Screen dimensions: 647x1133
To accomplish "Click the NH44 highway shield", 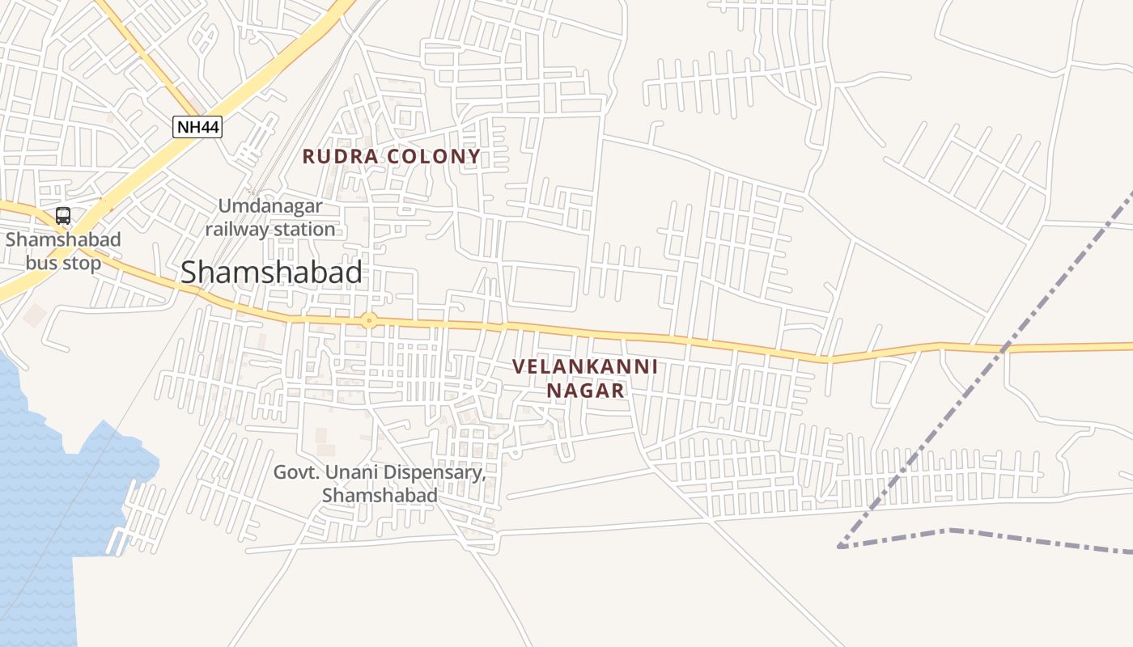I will [x=197, y=127].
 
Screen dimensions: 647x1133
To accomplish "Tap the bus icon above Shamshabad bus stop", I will [x=63, y=216].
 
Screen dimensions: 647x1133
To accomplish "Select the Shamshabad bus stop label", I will [x=63, y=252].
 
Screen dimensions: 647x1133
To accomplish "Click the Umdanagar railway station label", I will [x=270, y=218].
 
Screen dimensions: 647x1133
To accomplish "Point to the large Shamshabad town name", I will [x=271, y=273].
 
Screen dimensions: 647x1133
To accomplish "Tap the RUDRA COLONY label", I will [x=392, y=156].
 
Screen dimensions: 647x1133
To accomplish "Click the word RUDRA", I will [x=340, y=156].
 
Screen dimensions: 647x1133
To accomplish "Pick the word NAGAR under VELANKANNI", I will [x=585, y=391].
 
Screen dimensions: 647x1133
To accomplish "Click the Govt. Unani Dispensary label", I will [x=380, y=484].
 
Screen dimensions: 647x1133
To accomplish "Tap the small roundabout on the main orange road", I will [x=369, y=320].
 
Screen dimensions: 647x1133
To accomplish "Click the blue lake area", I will [x=40, y=501].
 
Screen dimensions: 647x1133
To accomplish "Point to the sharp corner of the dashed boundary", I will [x=840, y=547].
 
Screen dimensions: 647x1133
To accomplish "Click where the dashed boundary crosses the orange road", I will [x=1004, y=348].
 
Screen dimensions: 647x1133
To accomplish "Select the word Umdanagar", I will [x=270, y=206].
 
